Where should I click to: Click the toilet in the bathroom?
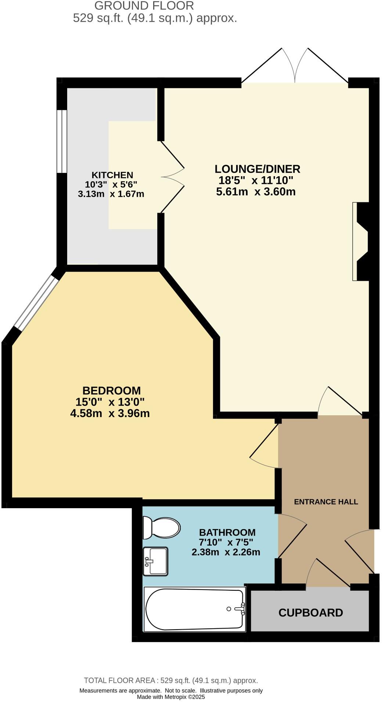pyautogui.click(x=162, y=528)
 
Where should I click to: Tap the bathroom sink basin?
pyautogui.click(x=156, y=561)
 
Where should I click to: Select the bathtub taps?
pyautogui.click(x=241, y=608)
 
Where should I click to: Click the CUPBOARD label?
pyautogui.click(x=311, y=612)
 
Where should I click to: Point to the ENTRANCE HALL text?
pyautogui.click(x=326, y=502)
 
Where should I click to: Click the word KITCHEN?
pyautogui.click(x=112, y=175)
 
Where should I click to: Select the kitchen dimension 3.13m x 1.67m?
pyautogui.click(x=111, y=194)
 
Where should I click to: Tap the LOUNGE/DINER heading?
pyautogui.click(x=257, y=169)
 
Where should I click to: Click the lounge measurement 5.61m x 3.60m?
pyautogui.click(x=256, y=192)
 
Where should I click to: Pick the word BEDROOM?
pyautogui.click(x=111, y=390)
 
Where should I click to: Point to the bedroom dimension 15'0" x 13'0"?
pyautogui.click(x=110, y=402)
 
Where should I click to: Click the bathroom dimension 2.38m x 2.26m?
pyautogui.click(x=226, y=552)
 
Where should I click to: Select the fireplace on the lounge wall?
pyautogui.click(x=361, y=241)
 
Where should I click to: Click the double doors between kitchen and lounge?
pyautogui.click(x=172, y=177)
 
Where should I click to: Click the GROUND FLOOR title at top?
pyautogui.click(x=144, y=6)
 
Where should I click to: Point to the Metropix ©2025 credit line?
pyautogui.click(x=171, y=697)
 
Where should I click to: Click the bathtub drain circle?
pyautogui.click(x=229, y=609)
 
